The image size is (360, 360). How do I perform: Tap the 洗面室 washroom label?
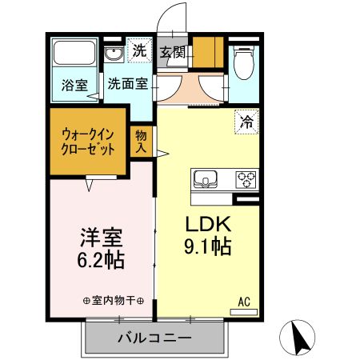tap(127, 82)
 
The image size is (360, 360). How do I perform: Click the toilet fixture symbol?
tap(243, 59)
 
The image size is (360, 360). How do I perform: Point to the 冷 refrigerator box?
tap(246, 122)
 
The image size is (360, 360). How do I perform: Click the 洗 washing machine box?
tap(140, 50)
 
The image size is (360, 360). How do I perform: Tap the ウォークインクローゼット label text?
tap(89, 143)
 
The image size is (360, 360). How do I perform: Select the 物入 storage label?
tap(142, 142)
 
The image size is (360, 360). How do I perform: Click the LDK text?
tap(209, 223)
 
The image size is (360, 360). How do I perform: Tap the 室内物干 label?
tap(113, 301)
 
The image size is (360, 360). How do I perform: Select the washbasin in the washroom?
tap(114, 54)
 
